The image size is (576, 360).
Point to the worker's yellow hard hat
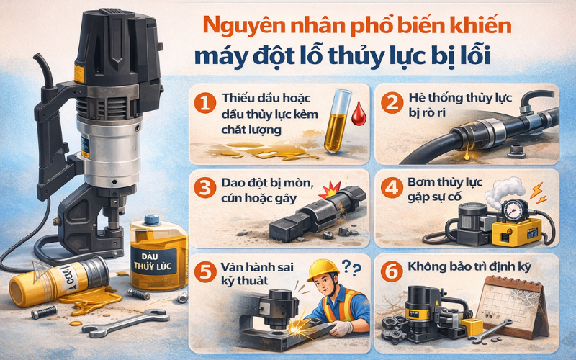[x=323, y=270]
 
